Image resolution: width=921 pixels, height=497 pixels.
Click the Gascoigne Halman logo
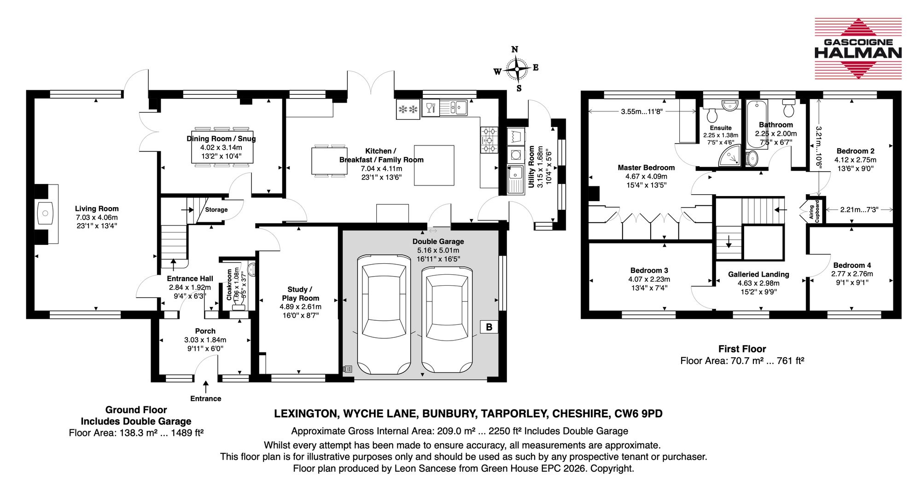click(858, 48)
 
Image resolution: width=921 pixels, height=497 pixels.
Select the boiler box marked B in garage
click(489, 327)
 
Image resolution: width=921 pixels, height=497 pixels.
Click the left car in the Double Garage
click(384, 314)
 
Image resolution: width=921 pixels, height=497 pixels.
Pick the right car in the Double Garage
click(447, 320)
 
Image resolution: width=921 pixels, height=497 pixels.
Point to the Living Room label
click(97, 208)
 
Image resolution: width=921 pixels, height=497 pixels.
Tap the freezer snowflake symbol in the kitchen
click(408, 109)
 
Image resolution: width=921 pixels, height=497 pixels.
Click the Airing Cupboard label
click(814, 212)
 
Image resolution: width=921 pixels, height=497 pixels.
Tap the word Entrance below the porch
click(205, 399)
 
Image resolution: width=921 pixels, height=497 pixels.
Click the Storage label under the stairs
click(216, 209)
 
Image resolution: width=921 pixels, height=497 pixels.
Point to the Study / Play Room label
click(300, 294)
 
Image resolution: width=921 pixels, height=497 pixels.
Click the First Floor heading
click(742, 349)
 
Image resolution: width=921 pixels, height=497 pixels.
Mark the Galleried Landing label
click(758, 274)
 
